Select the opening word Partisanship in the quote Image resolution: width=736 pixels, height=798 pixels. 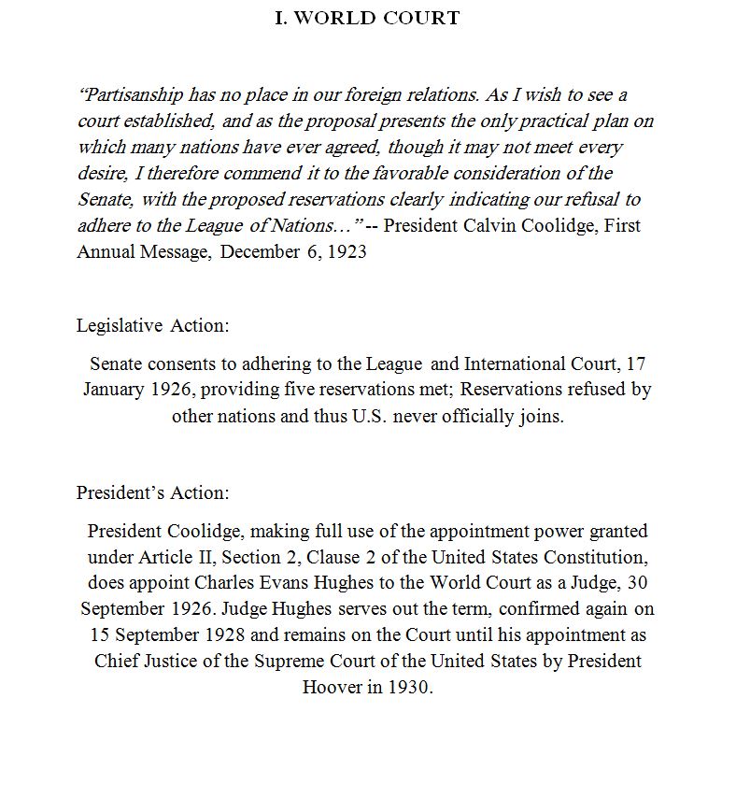pyautogui.click(x=131, y=95)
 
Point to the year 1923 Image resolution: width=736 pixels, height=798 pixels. pyautogui.click(x=347, y=252)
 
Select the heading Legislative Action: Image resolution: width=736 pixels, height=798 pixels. pyautogui.click(x=152, y=326)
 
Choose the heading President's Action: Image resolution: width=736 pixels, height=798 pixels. pyautogui.click(x=152, y=492)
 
